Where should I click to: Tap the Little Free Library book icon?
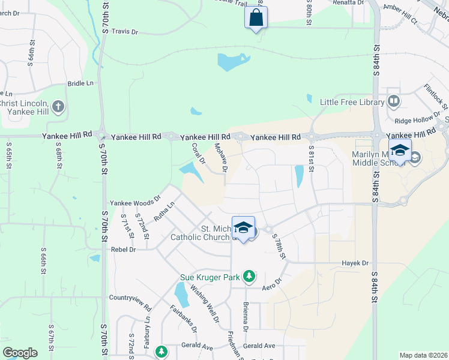[x=394, y=101]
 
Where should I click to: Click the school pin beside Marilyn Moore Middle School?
[x=400, y=151]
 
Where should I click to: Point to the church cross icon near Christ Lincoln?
[x=58, y=107]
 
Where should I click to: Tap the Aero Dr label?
[x=273, y=285]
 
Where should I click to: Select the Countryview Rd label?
[x=130, y=298]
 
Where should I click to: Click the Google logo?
[x=20, y=353]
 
